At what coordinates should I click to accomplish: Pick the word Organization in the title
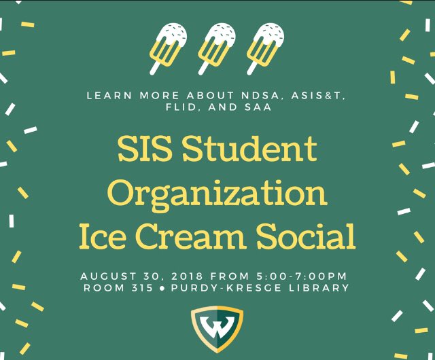pos(217,193)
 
